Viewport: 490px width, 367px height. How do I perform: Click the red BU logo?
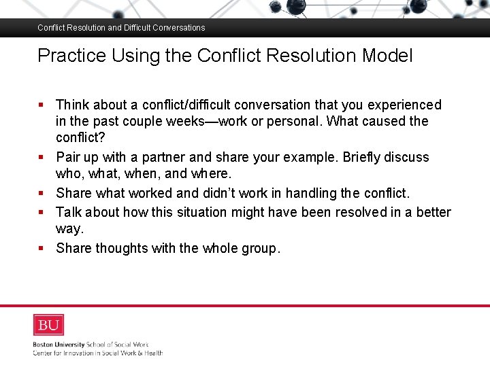click(48, 325)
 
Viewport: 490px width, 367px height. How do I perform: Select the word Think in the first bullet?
click(72, 105)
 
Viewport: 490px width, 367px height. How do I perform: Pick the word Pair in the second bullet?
click(68, 158)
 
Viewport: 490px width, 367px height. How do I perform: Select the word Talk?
click(69, 212)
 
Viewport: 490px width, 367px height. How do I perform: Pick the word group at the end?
click(257, 249)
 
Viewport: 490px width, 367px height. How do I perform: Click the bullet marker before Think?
click(41, 105)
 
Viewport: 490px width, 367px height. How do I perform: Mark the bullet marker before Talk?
click(41, 212)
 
